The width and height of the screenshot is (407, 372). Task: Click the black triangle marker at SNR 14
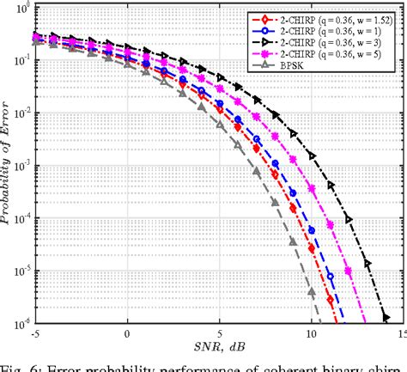tap(386, 315)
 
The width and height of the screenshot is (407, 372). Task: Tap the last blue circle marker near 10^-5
tap(331, 276)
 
